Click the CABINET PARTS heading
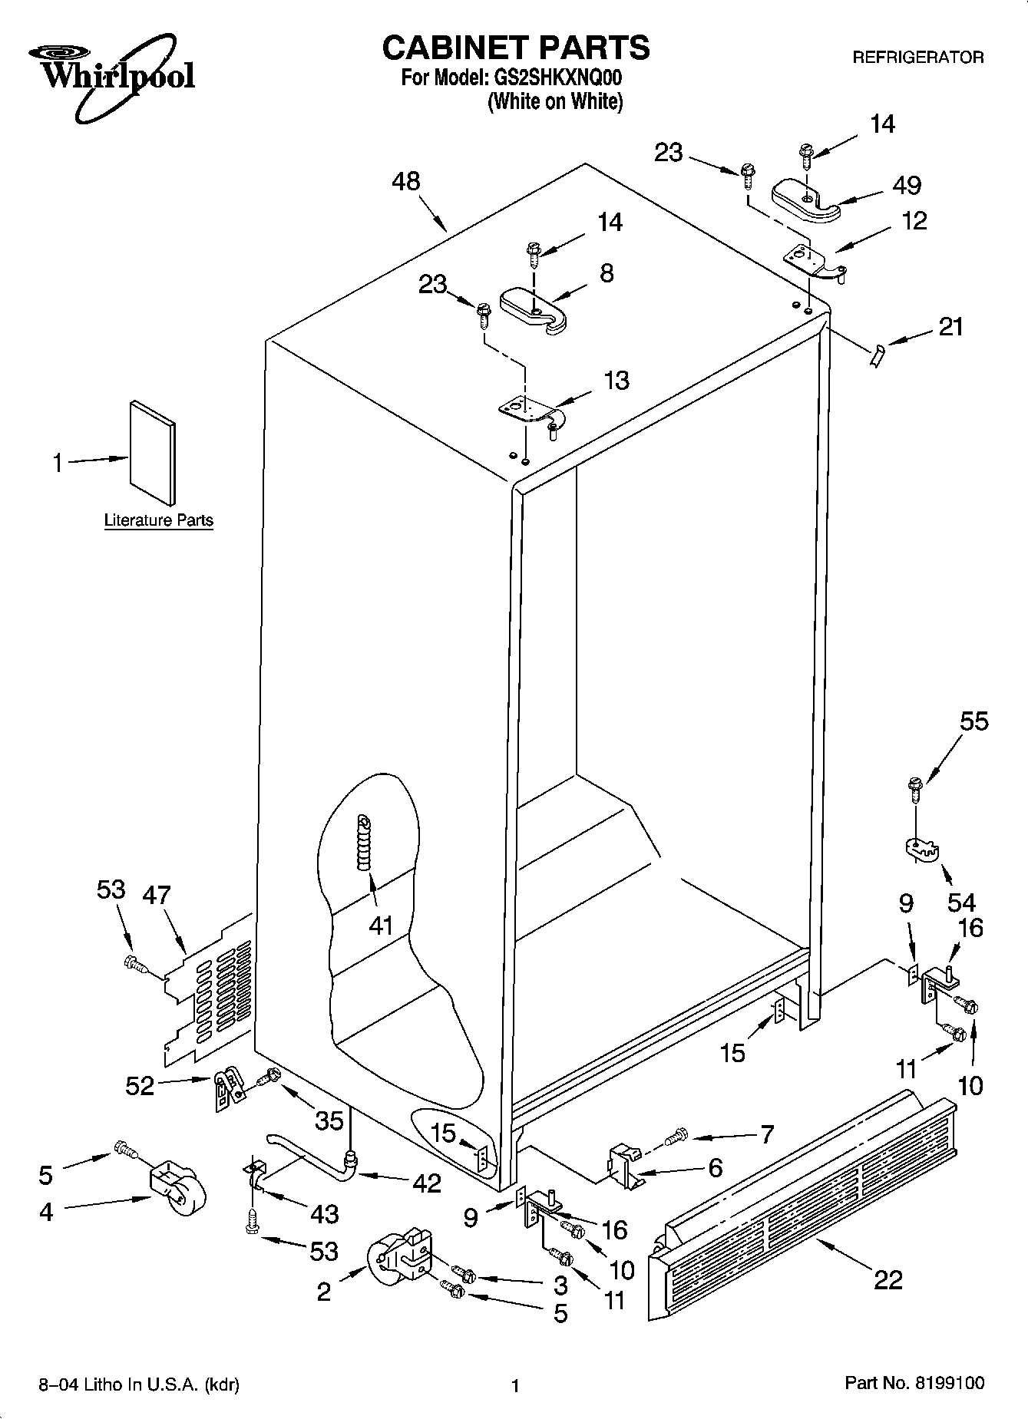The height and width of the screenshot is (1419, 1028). (x=515, y=48)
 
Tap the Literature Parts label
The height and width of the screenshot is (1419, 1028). (x=158, y=520)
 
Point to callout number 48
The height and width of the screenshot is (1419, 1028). (x=405, y=181)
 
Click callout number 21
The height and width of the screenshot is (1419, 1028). (x=950, y=327)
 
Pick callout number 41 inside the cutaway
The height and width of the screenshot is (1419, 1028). (x=381, y=925)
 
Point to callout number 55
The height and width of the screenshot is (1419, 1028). (x=974, y=721)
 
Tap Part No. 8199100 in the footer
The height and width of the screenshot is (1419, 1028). (x=914, y=1383)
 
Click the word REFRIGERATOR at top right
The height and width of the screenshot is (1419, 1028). (x=918, y=58)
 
